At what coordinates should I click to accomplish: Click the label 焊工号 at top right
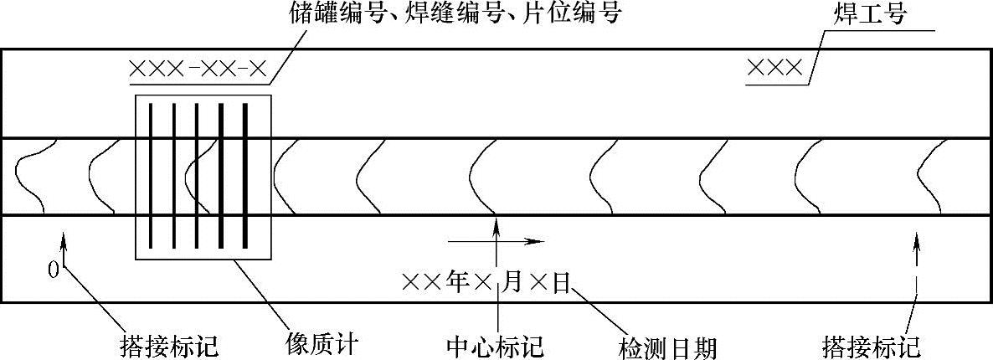pyautogui.click(x=871, y=14)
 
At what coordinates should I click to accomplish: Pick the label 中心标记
pyautogui.click(x=496, y=345)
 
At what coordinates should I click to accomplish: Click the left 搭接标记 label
pyautogui.click(x=170, y=345)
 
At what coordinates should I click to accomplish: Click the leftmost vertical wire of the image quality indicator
pyautogui.click(x=151, y=176)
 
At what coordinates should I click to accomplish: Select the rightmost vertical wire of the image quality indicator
pyautogui.click(x=246, y=176)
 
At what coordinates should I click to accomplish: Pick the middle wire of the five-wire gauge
pyautogui.click(x=198, y=176)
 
